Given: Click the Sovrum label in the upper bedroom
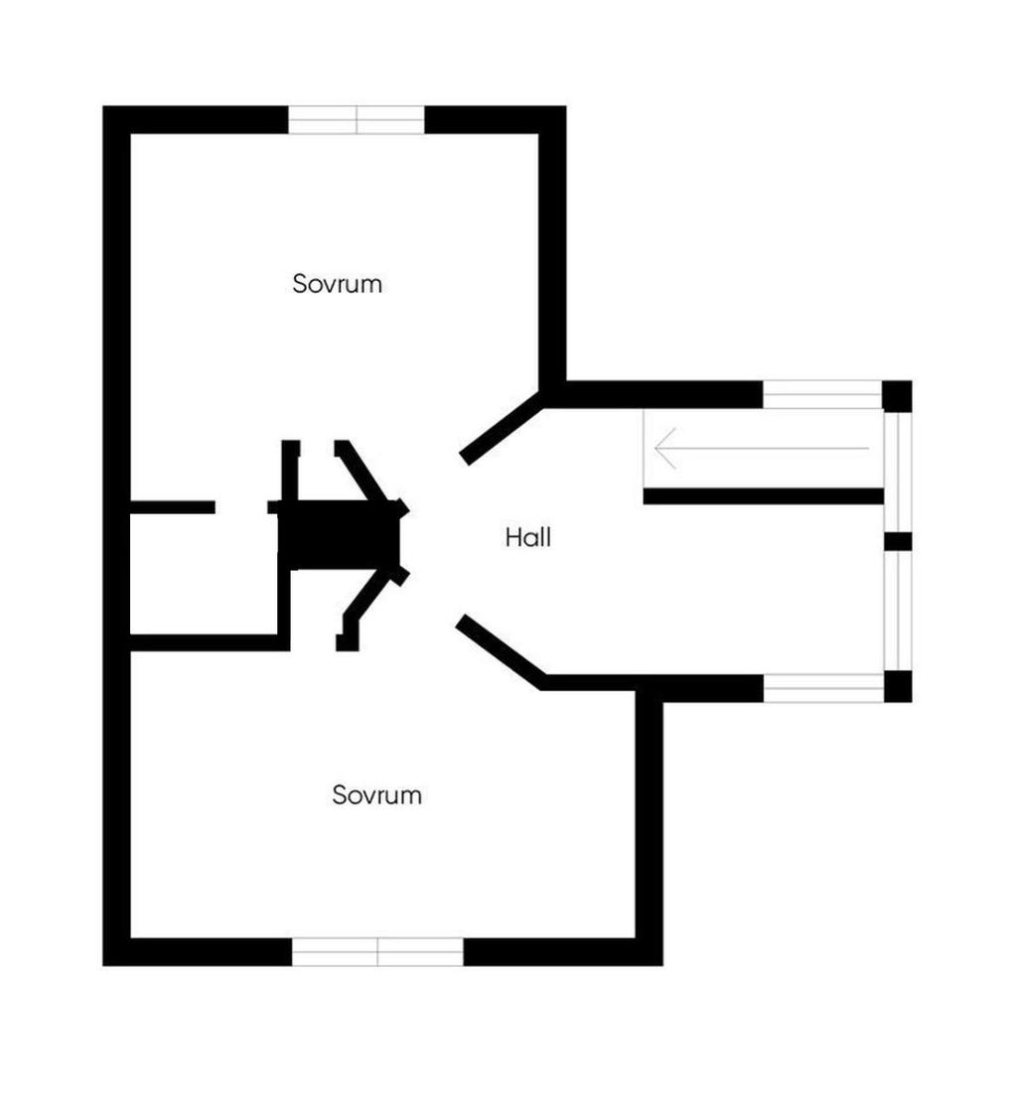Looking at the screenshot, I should click(x=338, y=284).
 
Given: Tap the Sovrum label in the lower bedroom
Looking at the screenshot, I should click(x=377, y=795).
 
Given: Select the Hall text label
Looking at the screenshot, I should click(x=527, y=538).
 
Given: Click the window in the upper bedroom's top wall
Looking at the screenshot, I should click(x=357, y=120).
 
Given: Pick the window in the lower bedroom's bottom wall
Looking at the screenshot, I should click(x=377, y=952).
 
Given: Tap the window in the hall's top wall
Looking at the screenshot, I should click(x=822, y=394).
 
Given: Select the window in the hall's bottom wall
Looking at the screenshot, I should click(x=822, y=688).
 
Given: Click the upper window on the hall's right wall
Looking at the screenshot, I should click(x=897, y=472).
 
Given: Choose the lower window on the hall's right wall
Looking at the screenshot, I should click(x=897, y=611).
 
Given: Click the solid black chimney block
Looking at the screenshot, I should click(x=338, y=536).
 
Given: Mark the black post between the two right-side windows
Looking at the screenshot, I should click(x=897, y=541).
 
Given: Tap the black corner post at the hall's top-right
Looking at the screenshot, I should click(x=897, y=395).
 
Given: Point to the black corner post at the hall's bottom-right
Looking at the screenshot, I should click(x=897, y=687).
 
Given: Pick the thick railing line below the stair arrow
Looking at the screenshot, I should click(x=763, y=496).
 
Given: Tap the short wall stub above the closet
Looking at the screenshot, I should click(x=173, y=507).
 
